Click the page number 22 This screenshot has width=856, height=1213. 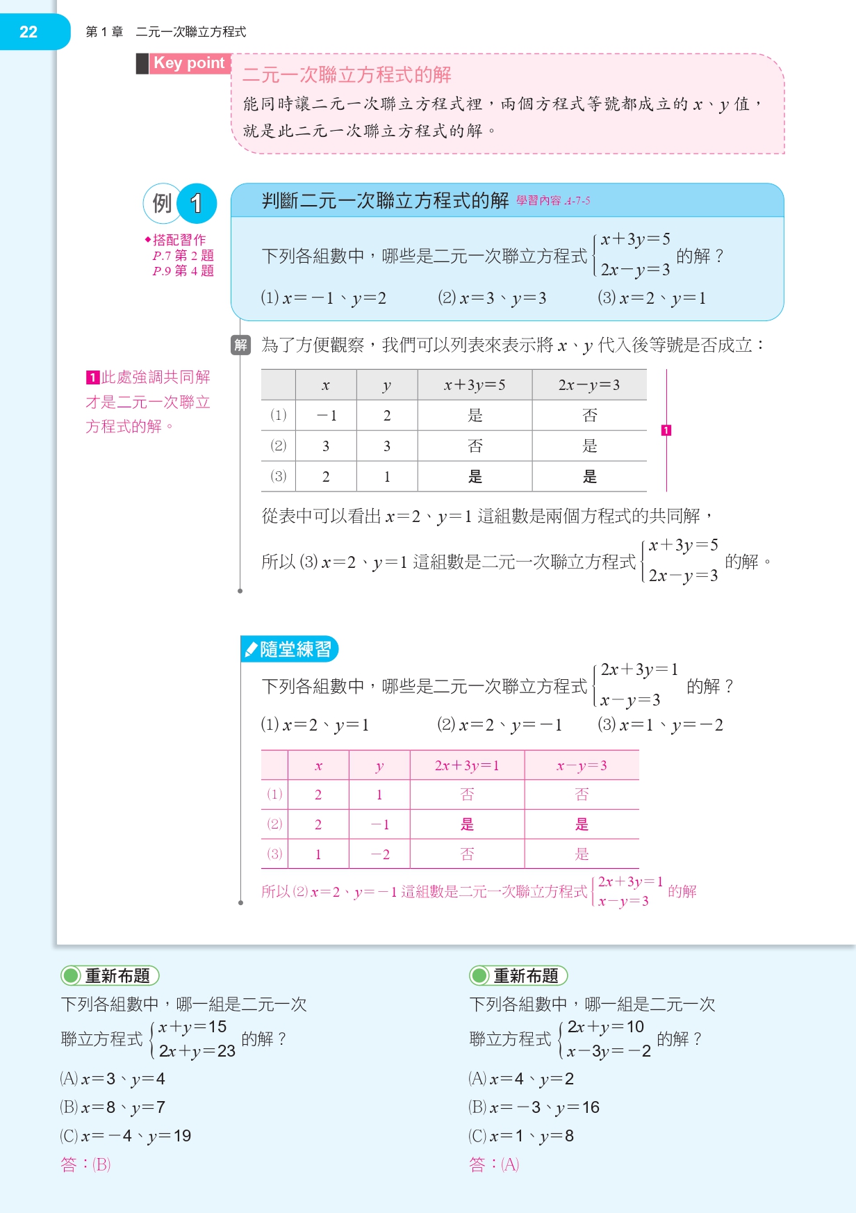[28, 32]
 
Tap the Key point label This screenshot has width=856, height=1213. [189, 63]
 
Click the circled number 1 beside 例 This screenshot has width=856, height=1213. [197, 203]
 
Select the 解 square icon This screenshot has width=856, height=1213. [240, 345]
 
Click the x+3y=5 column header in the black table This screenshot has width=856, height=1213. [475, 385]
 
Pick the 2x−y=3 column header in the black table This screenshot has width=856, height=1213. [589, 385]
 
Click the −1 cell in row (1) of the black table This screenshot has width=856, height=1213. [326, 416]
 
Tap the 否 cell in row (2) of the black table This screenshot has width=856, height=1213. [475, 446]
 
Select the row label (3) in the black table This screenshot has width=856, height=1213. [278, 476]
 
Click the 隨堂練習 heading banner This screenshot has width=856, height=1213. [290, 649]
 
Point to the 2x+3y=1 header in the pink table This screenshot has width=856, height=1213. [467, 765]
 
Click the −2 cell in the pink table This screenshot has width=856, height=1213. [379, 854]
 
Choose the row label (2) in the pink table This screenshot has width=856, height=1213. [274, 824]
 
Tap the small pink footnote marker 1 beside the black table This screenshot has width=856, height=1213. [666, 430]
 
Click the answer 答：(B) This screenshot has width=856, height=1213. [85, 1164]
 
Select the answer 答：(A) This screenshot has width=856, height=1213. [494, 1164]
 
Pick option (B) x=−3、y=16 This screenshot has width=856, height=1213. [534, 1107]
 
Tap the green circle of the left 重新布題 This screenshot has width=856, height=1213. [71, 976]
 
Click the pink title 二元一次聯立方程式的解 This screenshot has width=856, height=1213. [347, 74]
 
